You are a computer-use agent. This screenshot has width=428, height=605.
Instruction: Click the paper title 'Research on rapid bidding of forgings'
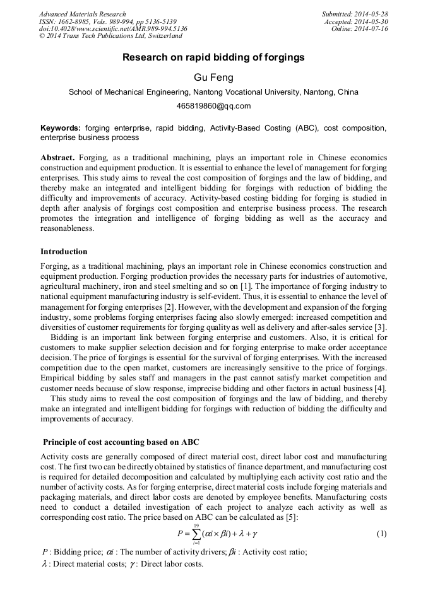pos(213,57)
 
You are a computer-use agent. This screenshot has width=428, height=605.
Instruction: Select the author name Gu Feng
pos(213,77)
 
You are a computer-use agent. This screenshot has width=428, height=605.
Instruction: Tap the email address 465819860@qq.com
pos(213,105)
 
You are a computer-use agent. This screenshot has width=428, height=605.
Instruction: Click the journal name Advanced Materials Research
pos(83,14)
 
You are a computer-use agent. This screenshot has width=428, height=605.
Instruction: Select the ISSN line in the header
pos(107,21)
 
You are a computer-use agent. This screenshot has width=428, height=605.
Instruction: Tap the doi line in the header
pos(113,29)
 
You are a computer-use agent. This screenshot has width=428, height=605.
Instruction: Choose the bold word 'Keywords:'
pos(61,128)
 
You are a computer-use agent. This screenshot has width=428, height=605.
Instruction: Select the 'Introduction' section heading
pos(64,251)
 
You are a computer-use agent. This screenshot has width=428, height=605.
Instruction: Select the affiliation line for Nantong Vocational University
pos(213,91)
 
